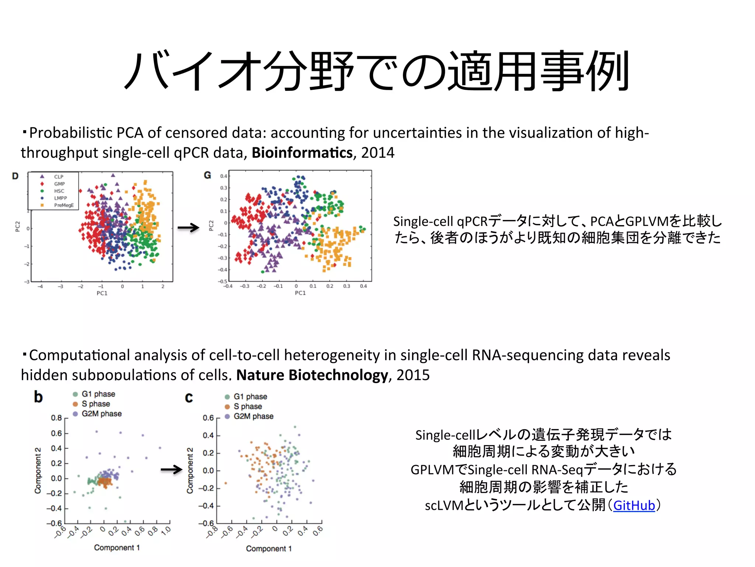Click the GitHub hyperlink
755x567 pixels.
(x=634, y=505)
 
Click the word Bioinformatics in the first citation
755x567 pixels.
(x=302, y=153)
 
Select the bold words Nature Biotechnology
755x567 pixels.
(x=312, y=375)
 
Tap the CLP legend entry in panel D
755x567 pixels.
(x=58, y=177)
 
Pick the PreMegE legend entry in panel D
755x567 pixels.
(x=63, y=205)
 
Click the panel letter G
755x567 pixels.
(x=208, y=175)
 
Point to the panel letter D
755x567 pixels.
(x=15, y=176)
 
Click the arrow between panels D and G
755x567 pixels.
(x=188, y=228)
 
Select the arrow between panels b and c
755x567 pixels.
(x=171, y=470)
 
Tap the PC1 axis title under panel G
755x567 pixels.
(x=300, y=293)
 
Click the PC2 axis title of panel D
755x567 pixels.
(x=17, y=226)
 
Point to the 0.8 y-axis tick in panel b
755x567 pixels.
(x=56, y=418)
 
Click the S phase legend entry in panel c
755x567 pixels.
(x=247, y=406)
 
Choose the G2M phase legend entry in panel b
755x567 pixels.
(x=101, y=414)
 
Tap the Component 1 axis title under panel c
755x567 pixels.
(x=269, y=549)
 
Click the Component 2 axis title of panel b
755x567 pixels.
(x=38, y=470)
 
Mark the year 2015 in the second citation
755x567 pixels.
(x=413, y=375)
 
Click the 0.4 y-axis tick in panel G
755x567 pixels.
(x=223, y=176)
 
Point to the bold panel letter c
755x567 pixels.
(x=189, y=398)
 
